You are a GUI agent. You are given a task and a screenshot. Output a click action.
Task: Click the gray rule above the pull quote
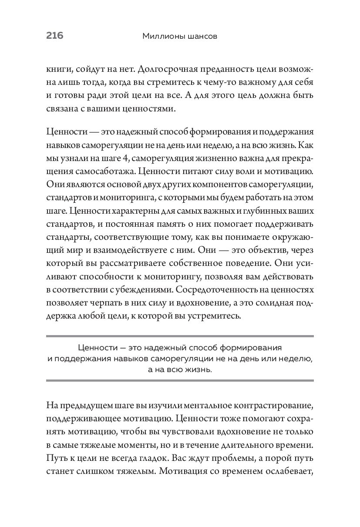coord(180,336)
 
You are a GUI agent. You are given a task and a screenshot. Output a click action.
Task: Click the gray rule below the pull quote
coord(180,380)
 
